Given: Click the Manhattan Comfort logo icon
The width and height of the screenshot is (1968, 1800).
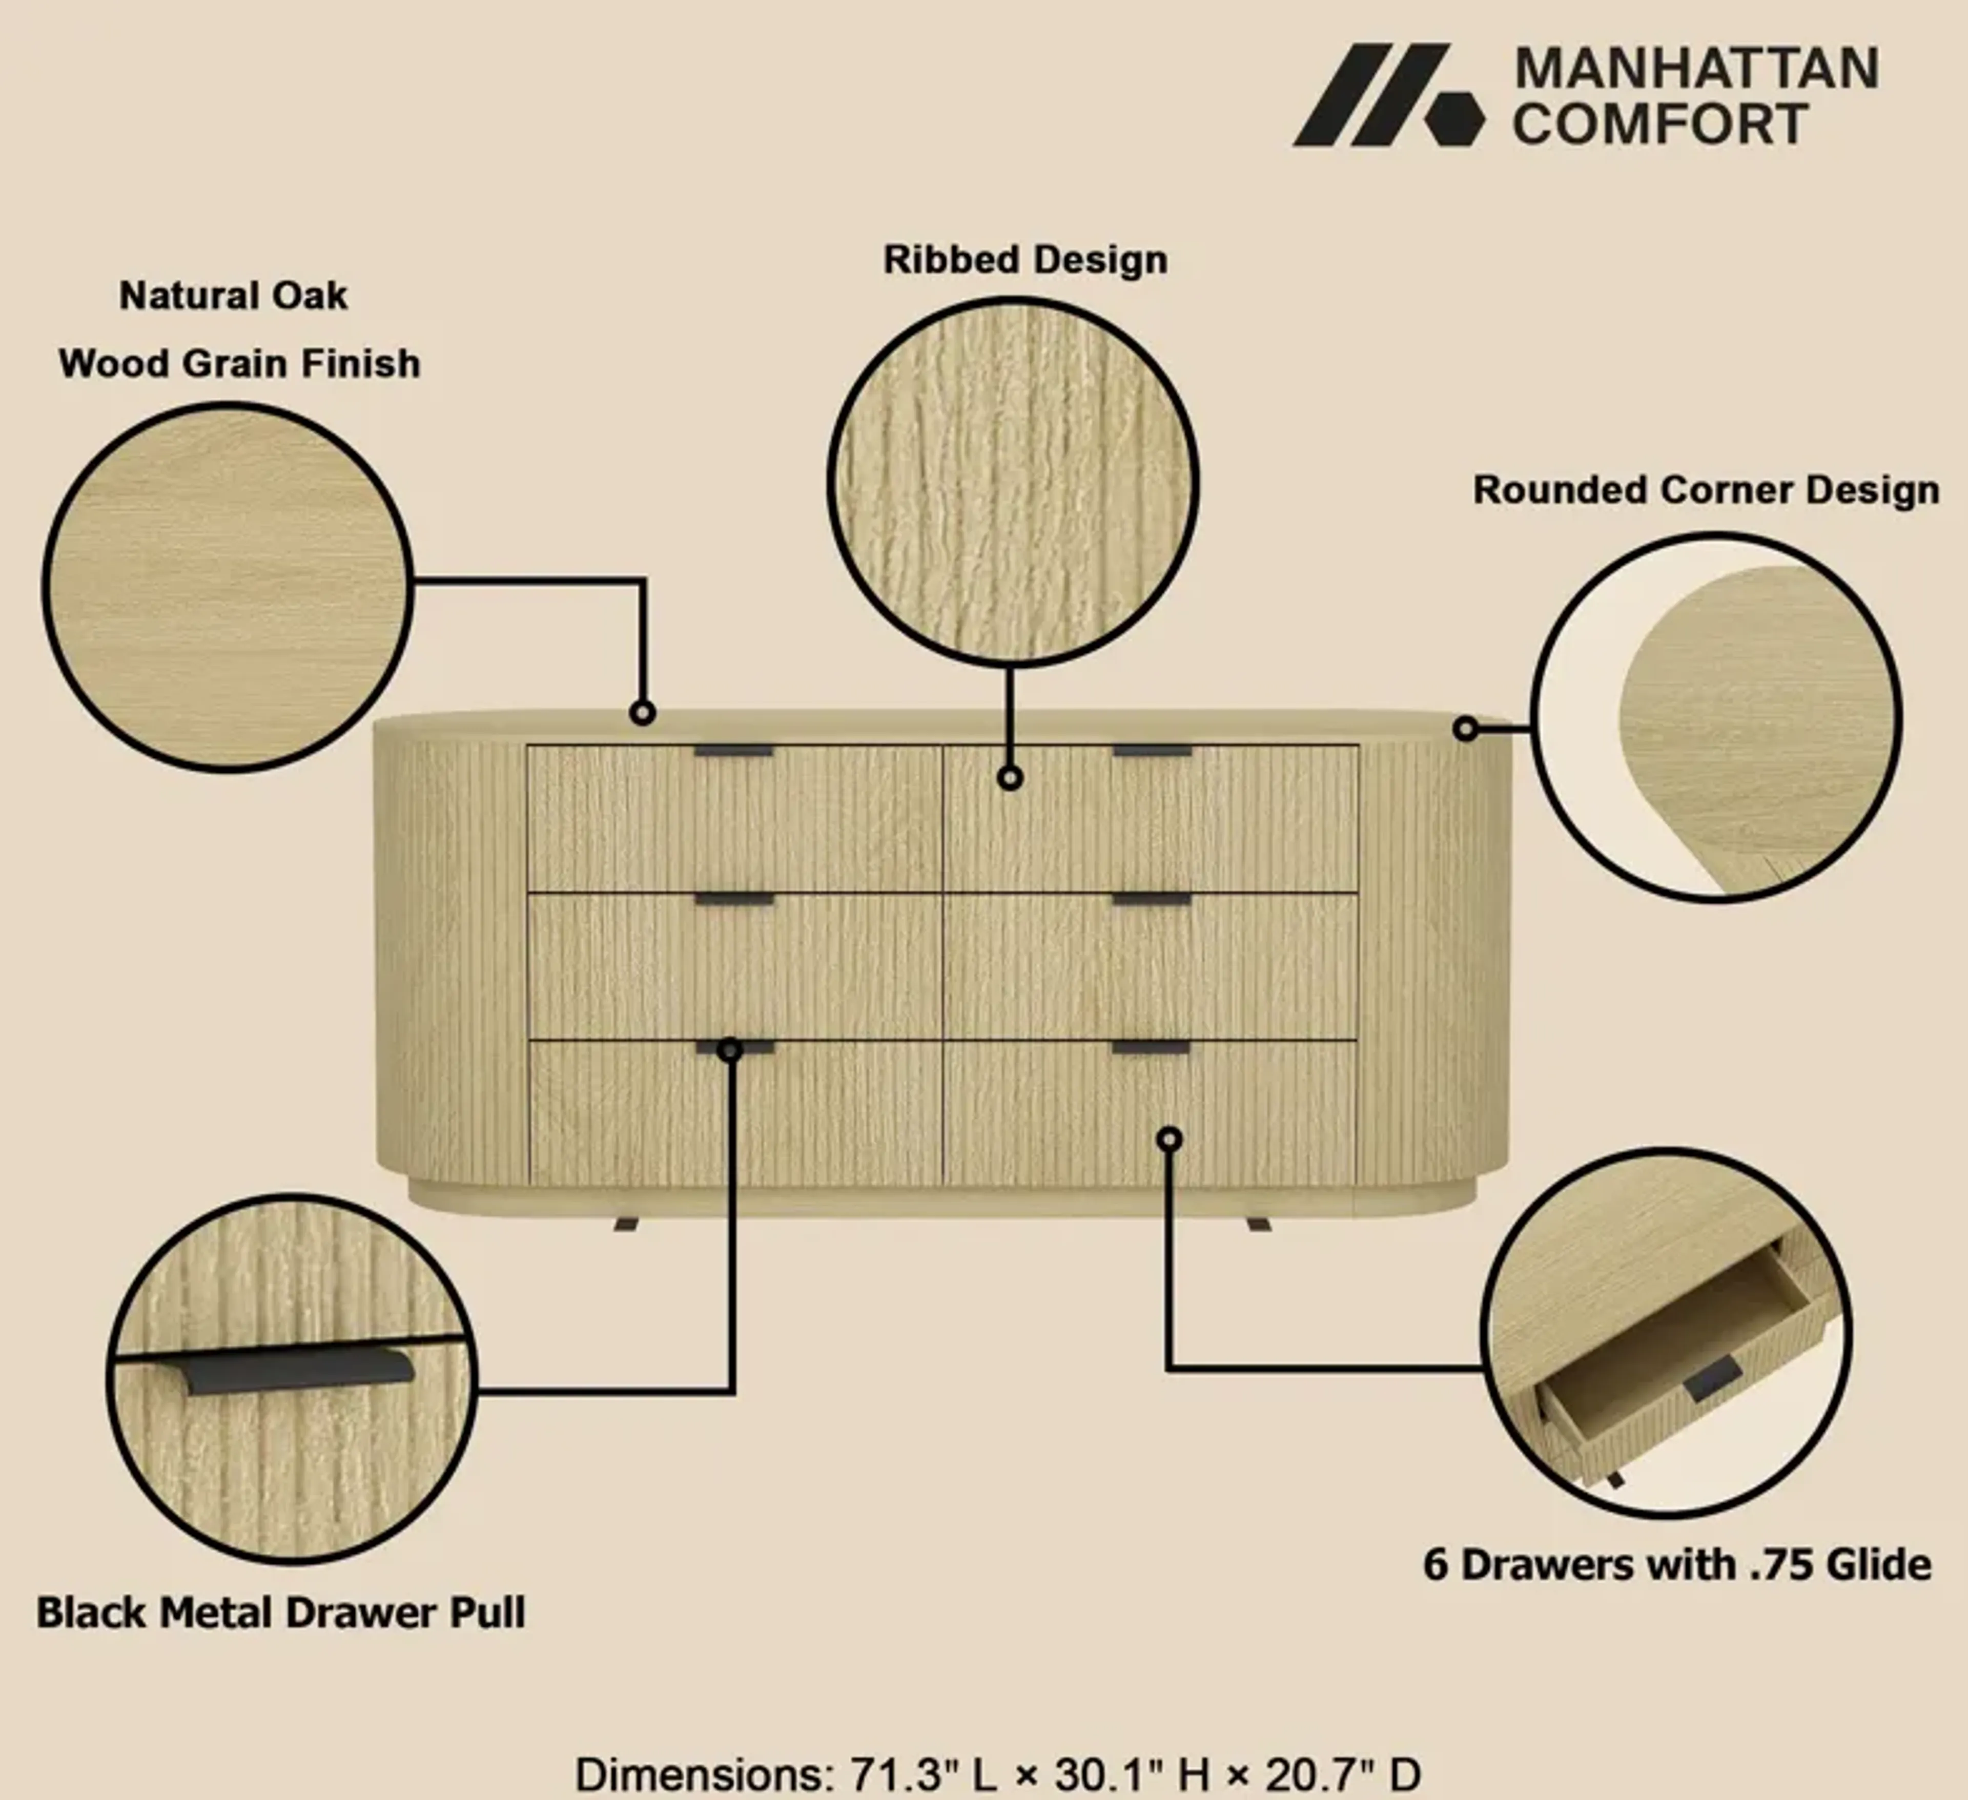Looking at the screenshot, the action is [x=1388, y=95].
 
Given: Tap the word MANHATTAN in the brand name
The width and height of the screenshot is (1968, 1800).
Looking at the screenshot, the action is [x=1696, y=69].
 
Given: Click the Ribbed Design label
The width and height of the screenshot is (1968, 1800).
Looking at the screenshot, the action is [x=1025, y=260].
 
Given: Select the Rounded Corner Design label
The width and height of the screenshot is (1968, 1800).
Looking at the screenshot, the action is [x=1706, y=490].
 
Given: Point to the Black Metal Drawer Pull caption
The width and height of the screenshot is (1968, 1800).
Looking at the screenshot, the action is [x=281, y=1612].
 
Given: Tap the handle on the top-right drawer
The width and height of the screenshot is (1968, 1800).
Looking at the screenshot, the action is [x=1152, y=752].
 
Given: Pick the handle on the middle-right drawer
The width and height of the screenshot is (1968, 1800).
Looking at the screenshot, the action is [x=1152, y=899].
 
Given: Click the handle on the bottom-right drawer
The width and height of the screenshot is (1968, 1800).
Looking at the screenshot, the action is [x=1152, y=1047].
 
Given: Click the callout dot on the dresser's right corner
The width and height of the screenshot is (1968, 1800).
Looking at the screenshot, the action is [x=1465, y=728].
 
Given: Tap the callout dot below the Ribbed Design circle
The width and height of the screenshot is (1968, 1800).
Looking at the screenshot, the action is [x=1010, y=778].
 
